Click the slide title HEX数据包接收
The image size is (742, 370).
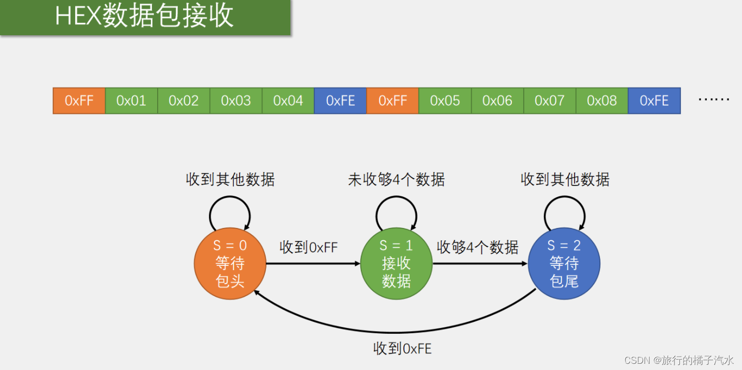coord(144,17)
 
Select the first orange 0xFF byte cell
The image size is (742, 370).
coord(79,101)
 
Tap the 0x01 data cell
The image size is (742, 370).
coord(131,101)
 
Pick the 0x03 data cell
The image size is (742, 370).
coord(236,101)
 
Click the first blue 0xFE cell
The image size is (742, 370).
coord(340,101)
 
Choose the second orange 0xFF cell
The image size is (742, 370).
coord(393,101)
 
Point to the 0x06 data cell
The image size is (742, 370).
coord(497,101)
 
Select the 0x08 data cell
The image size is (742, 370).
coord(601,101)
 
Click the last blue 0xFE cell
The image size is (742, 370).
coord(654,101)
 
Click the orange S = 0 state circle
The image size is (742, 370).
coord(230,263)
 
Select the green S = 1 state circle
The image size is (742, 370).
coord(397,263)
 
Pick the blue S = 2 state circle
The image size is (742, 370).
coord(564,263)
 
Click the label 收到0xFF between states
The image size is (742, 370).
coord(309,247)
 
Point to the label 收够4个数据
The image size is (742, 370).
coord(477,247)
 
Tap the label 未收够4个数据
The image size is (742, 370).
coord(396,180)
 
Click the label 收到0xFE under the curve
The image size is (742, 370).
coord(402,348)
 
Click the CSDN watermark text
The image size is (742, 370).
coord(679,360)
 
